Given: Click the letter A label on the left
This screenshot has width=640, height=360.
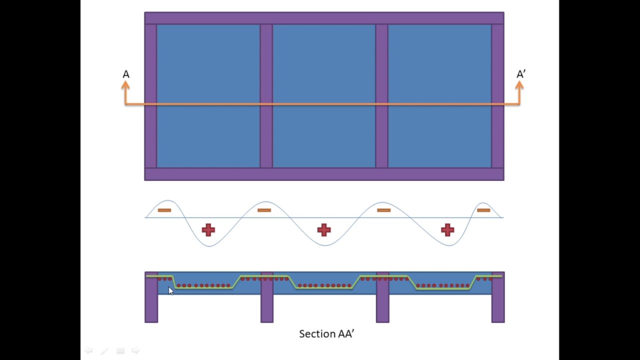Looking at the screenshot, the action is pos(126,74).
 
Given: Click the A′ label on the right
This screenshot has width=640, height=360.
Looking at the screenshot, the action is pos(521,74).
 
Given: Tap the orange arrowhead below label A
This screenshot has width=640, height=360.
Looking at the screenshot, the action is pos(125,85).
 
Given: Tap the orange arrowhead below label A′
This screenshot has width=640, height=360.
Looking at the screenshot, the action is pos(519,85).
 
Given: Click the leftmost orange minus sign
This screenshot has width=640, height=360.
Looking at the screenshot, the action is pos(164,210).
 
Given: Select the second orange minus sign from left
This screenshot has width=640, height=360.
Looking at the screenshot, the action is pos(264,210).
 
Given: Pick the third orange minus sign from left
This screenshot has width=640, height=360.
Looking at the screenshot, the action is pos(383,210).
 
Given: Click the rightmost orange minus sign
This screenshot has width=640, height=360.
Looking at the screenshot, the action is pos(483,210).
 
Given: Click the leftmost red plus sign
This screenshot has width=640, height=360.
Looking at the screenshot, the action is pos(208,230).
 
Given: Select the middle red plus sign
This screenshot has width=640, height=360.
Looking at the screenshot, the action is pos(324,230).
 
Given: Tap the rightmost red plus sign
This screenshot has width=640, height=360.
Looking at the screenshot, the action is pos(447,230).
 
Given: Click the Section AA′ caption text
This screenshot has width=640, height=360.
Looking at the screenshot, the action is pos(326,333).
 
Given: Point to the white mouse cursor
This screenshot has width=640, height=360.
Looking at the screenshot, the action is pos(171,291).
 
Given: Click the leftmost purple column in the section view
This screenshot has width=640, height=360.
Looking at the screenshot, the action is pos(151,297).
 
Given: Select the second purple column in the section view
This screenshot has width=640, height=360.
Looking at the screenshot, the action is pos(267,297).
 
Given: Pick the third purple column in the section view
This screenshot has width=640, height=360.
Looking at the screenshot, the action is pos(382,297).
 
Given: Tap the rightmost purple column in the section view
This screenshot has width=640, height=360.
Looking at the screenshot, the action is pos(498,297).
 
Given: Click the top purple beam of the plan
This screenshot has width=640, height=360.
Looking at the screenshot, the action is pos(324,18).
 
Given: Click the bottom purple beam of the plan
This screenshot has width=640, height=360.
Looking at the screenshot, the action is pos(324,174).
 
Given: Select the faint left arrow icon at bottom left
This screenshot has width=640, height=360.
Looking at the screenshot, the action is pos(88,350).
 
